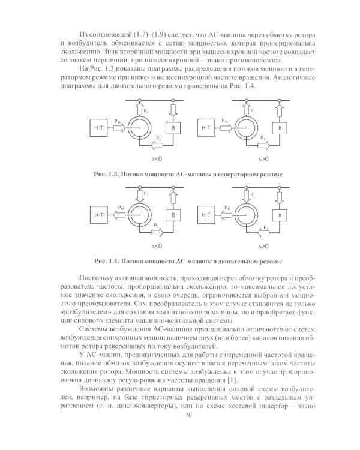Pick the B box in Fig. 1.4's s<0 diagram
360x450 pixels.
tap(173, 214)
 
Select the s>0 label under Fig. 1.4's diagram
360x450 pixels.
tap(263, 246)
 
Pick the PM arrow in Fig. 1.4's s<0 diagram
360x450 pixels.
tap(121, 212)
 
